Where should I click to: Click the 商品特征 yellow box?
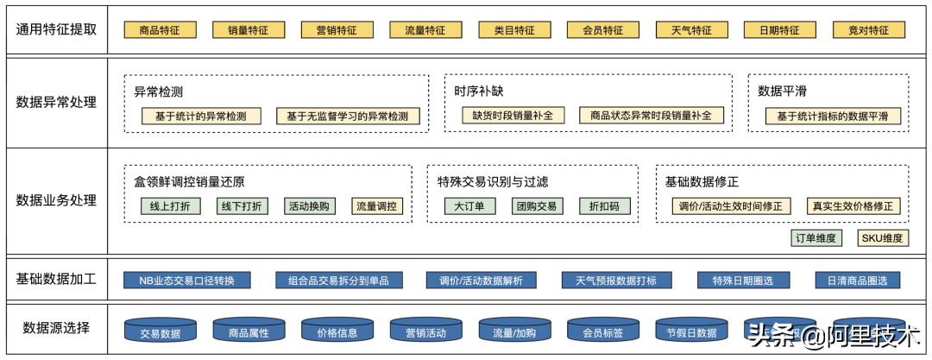[x=160, y=30]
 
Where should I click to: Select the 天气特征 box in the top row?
[x=691, y=30]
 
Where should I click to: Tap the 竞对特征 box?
[x=868, y=30]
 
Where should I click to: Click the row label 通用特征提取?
[x=56, y=28]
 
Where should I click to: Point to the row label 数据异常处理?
[x=56, y=103]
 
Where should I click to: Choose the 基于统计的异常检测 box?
[x=201, y=116]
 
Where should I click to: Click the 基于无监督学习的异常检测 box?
[x=348, y=116]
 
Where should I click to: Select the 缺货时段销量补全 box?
[x=513, y=115]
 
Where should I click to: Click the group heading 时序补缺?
[x=479, y=92]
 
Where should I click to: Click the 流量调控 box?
[x=377, y=206]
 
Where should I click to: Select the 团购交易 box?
[x=536, y=206]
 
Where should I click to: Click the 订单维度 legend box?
[x=816, y=238]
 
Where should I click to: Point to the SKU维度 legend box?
[x=882, y=238]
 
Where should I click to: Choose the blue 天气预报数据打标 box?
[x=610, y=281]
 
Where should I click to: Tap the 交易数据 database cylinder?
[x=160, y=332]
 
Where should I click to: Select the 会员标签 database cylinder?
[x=602, y=332]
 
